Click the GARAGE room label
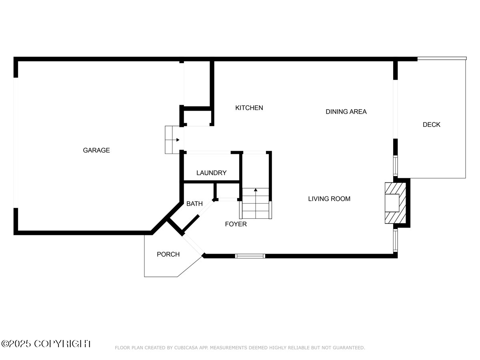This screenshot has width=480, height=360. coord(96,150)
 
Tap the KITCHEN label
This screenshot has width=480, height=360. coord(249,108)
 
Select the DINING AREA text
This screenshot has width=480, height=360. coord(346,112)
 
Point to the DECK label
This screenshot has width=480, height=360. coord(431,125)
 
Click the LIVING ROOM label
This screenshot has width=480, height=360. coord(329,199)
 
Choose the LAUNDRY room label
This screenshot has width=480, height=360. coord(211,173)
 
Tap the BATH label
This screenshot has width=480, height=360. coord(194,204)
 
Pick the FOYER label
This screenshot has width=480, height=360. coord(236,224)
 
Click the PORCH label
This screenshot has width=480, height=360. coord(168,254)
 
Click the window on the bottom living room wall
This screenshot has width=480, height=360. coord(250,256)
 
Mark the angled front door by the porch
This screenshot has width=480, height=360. coord(194,244)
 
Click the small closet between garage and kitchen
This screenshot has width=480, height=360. coord(197,117)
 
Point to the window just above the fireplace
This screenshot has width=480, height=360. coord(395,165)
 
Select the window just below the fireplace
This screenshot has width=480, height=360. coord(395,240)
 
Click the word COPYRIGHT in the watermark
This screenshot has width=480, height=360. coord(63,344)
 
